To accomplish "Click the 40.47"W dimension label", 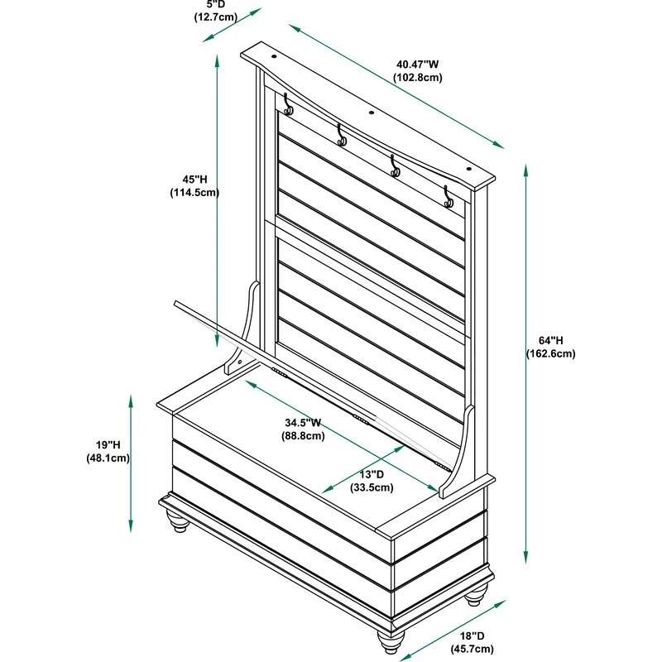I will click(x=418, y=64).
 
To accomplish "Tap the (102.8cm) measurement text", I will click(x=418, y=78).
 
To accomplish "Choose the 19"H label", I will click(x=108, y=444).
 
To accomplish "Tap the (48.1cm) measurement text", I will click(x=108, y=458).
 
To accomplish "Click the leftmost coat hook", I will click(x=287, y=105).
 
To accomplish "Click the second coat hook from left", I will click(x=341, y=136).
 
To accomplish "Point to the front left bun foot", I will click(x=178, y=522).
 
